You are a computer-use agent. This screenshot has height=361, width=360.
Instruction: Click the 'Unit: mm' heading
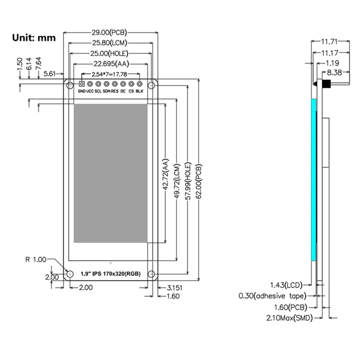(x=34, y=38)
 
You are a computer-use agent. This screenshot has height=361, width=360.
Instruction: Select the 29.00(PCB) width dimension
(x=109, y=32)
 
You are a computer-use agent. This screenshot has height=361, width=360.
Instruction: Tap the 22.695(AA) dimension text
(x=111, y=64)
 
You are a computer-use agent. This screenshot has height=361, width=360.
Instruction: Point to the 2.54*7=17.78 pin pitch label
(x=109, y=74)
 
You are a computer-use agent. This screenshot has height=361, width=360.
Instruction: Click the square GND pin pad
(x=81, y=84)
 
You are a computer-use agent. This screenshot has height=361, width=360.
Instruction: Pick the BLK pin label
(x=139, y=91)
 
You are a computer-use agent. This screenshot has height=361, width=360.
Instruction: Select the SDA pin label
(x=107, y=91)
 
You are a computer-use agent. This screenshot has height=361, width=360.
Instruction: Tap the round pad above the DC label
(x=123, y=84)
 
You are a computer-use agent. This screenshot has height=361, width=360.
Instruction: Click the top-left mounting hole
(x=70, y=85)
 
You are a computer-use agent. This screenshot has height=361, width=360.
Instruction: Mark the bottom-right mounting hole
(x=151, y=274)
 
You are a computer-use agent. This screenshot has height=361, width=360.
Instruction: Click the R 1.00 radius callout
(x=36, y=260)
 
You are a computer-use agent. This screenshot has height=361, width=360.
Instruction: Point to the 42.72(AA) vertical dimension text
(x=166, y=174)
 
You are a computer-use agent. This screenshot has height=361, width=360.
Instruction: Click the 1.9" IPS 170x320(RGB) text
(x=111, y=274)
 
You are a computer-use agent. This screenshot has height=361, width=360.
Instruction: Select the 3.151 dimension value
(x=175, y=288)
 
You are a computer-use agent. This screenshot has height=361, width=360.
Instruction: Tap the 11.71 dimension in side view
(x=329, y=42)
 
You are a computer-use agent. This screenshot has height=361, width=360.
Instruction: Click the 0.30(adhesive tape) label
(x=273, y=296)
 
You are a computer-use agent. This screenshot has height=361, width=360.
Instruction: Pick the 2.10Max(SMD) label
(x=289, y=318)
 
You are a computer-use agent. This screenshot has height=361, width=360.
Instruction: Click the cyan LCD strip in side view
(x=314, y=180)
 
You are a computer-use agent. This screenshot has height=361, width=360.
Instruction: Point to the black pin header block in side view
(x=327, y=84)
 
